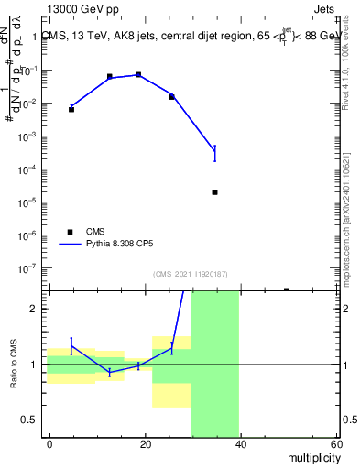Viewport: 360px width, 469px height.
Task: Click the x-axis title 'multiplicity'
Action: pyautogui.click(x=311, y=457)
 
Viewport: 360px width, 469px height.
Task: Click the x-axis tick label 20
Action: pyautogui.click(x=146, y=443)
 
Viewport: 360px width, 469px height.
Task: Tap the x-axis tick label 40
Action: pyautogui.click(x=241, y=443)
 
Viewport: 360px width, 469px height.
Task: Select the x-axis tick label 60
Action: pyautogui.click(x=335, y=443)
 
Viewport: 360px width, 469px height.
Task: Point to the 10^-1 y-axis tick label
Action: pyautogui.click(x=30, y=70)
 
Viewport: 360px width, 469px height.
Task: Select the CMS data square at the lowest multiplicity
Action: pyautogui.click(x=71, y=109)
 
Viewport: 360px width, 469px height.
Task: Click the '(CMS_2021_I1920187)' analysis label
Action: pyautogui.click(x=190, y=273)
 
